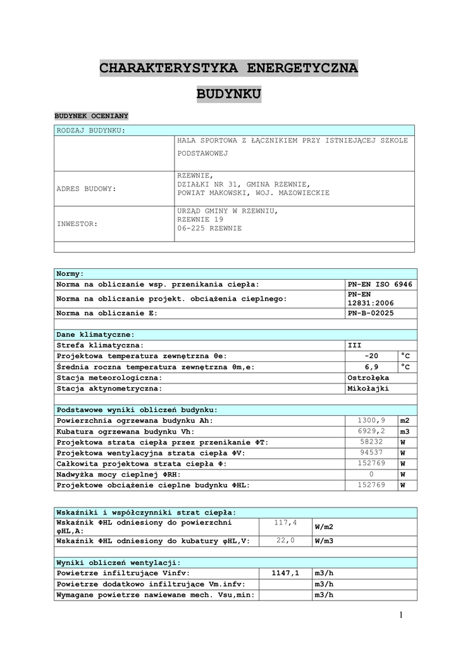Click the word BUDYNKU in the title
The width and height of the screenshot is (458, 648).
coord(228,95)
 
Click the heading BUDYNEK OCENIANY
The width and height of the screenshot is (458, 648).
coord(91,116)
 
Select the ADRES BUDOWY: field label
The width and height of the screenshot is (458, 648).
coord(87,189)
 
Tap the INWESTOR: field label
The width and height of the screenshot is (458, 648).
coord(77,224)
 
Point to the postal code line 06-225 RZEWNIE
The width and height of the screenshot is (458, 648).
coord(209,228)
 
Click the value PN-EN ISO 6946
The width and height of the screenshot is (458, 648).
coord(380,285)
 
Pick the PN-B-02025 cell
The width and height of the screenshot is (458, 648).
coord(371,313)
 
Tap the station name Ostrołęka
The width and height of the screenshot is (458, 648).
coord(368,378)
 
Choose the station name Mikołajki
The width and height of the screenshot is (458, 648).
coord(368,389)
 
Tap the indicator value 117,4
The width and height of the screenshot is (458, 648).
coord(285,523)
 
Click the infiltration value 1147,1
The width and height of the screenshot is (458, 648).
coord(285,573)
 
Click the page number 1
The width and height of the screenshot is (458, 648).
coord(401,614)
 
